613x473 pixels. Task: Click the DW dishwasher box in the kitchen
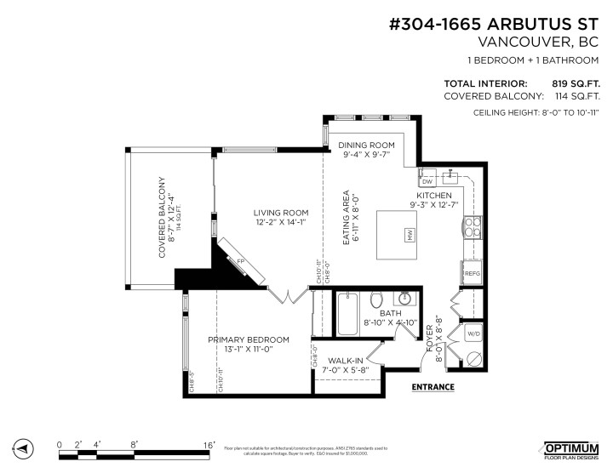click(427, 181)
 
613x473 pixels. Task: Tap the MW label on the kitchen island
click(409, 236)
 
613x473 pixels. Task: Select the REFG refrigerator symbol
click(473, 273)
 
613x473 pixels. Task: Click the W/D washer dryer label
click(473, 333)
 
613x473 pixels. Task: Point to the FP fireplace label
click(241, 260)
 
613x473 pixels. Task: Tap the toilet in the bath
click(377, 300)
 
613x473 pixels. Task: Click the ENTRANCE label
click(433, 387)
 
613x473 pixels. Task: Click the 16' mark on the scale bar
click(208, 444)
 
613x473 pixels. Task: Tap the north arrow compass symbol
click(23, 448)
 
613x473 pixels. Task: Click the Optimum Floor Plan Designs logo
click(571, 447)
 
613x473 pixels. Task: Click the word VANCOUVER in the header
click(521, 41)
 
